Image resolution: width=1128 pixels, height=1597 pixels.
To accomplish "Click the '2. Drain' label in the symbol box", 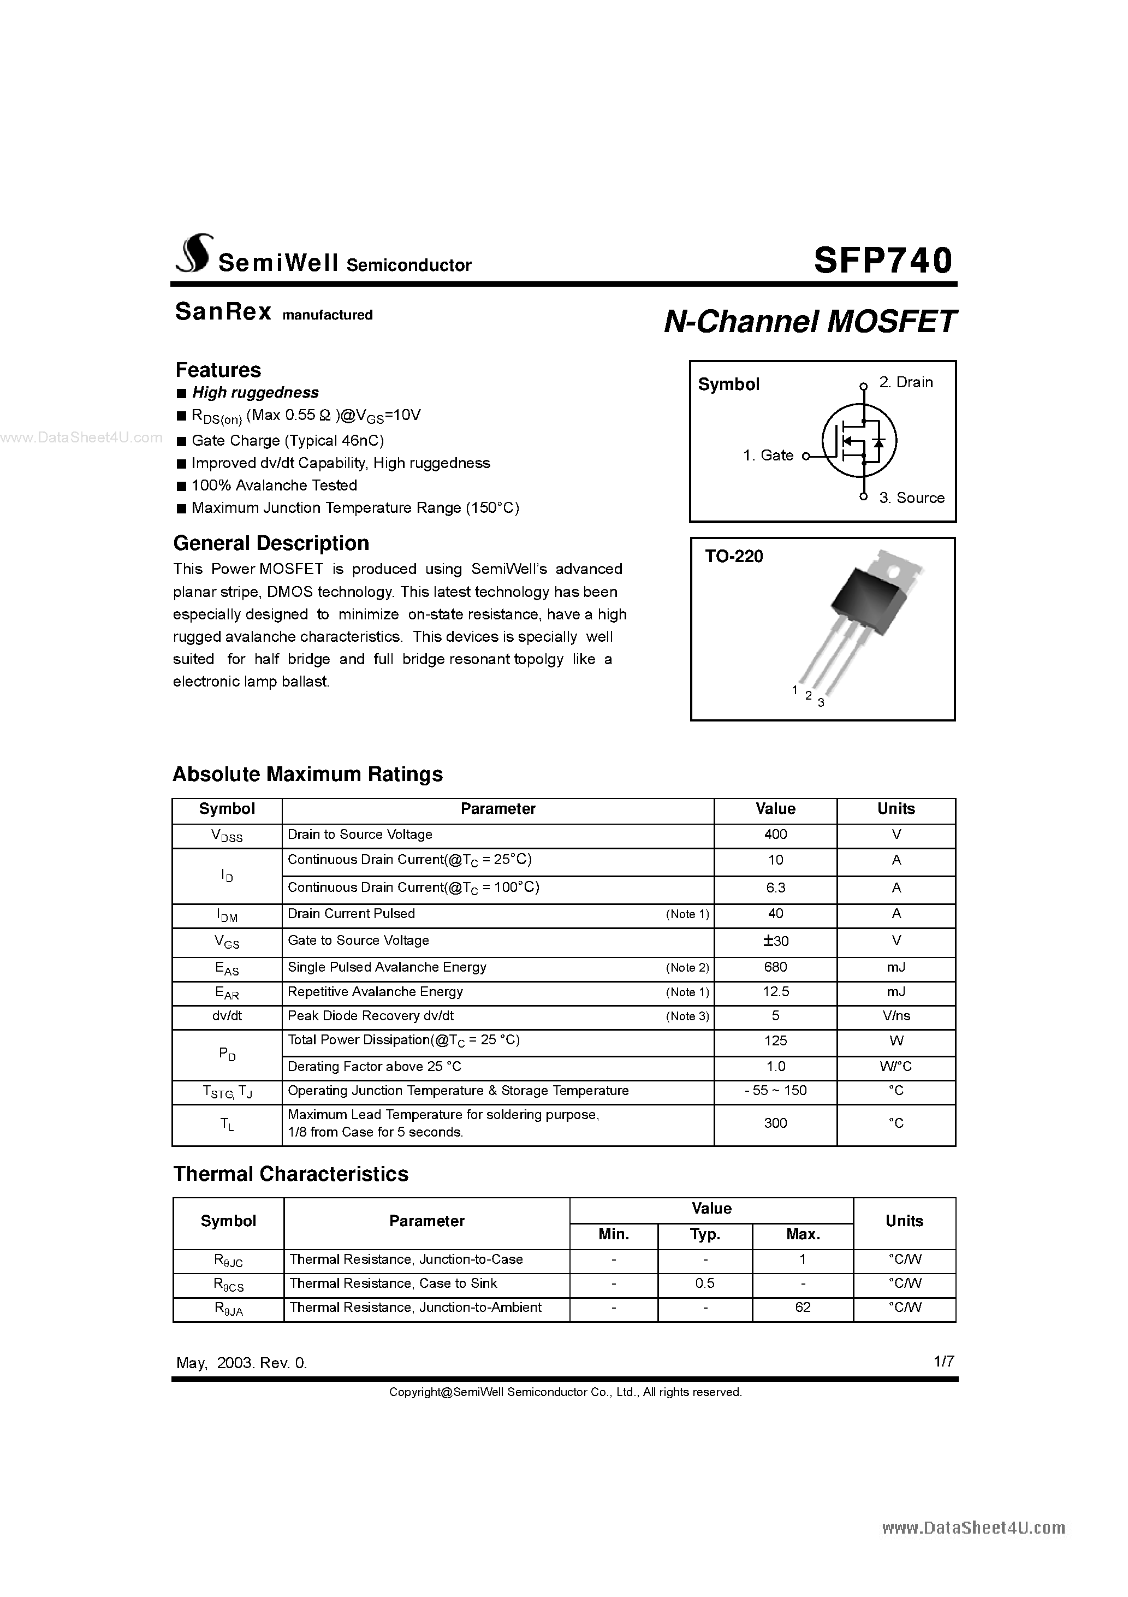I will coord(905,382).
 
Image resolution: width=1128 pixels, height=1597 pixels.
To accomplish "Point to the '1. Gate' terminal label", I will coord(768,456).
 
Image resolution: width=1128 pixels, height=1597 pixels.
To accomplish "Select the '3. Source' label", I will coord(911,498).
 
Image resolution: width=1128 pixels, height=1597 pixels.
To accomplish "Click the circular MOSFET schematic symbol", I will coord(859,441).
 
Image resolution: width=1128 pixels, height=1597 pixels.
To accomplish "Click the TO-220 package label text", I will coord(734,557).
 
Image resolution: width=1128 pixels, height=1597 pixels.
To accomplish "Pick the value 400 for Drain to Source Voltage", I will coord(775,835).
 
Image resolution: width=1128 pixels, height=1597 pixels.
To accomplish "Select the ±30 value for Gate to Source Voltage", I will coord(775,941).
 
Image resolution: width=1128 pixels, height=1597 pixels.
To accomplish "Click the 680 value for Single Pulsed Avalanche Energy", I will coord(775,967).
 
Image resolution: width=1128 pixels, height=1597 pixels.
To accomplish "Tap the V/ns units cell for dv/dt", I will coord(896,1016).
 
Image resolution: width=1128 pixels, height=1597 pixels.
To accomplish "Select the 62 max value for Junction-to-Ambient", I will coord(803,1308).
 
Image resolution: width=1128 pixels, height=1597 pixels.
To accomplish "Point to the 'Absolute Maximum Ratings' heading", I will coord(307,774).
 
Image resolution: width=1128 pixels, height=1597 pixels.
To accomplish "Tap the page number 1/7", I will coord(943,1361).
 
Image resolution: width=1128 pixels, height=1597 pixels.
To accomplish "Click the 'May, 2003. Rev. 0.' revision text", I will coord(241,1363).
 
